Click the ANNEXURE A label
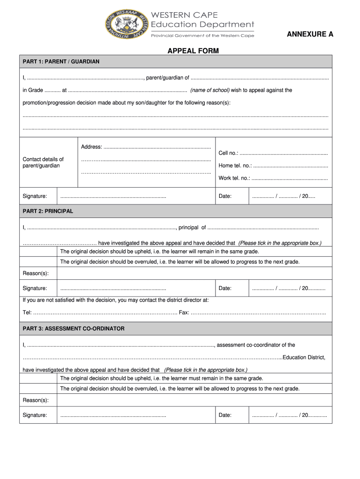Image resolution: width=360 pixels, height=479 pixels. [x=310, y=34]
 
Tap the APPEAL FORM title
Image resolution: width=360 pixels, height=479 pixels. [x=193, y=51]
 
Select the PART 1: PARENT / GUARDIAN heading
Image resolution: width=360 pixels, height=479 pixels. [x=61, y=62]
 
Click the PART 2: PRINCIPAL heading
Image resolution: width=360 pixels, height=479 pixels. [x=48, y=211]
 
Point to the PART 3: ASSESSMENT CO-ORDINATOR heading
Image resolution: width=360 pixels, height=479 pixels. [x=73, y=329]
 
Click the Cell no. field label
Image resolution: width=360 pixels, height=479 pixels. [x=228, y=153]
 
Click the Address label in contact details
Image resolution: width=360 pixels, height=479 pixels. [x=91, y=147]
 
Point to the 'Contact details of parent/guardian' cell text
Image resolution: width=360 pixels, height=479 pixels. [x=43, y=162]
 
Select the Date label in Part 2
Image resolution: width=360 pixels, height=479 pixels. [x=225, y=288]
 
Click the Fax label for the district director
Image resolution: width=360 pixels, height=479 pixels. [x=184, y=312]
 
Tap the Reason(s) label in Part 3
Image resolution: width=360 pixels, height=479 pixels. [x=36, y=400]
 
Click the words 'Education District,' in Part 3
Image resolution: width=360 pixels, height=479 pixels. [x=303, y=357]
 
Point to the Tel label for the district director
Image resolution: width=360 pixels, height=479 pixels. [x=27, y=312]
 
